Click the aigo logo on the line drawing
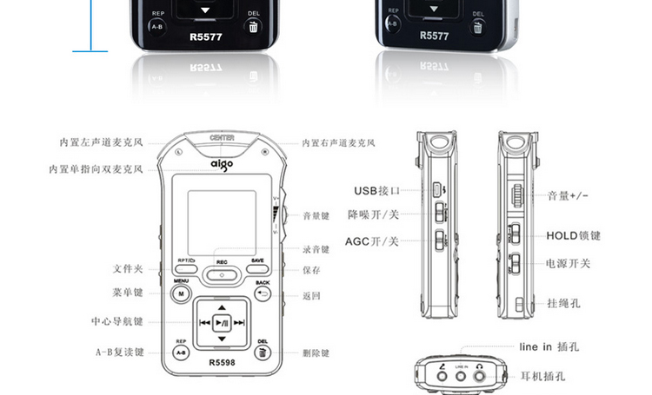click(x=222, y=162)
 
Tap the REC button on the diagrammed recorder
click(x=223, y=272)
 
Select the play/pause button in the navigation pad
click(x=223, y=322)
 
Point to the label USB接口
click(x=376, y=190)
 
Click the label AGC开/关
click(x=371, y=240)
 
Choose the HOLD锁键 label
click(x=574, y=235)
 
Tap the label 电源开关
click(x=568, y=262)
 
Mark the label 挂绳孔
click(x=563, y=303)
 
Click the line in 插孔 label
click(x=549, y=347)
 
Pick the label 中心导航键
click(x=116, y=320)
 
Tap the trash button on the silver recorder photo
click(x=479, y=26)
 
